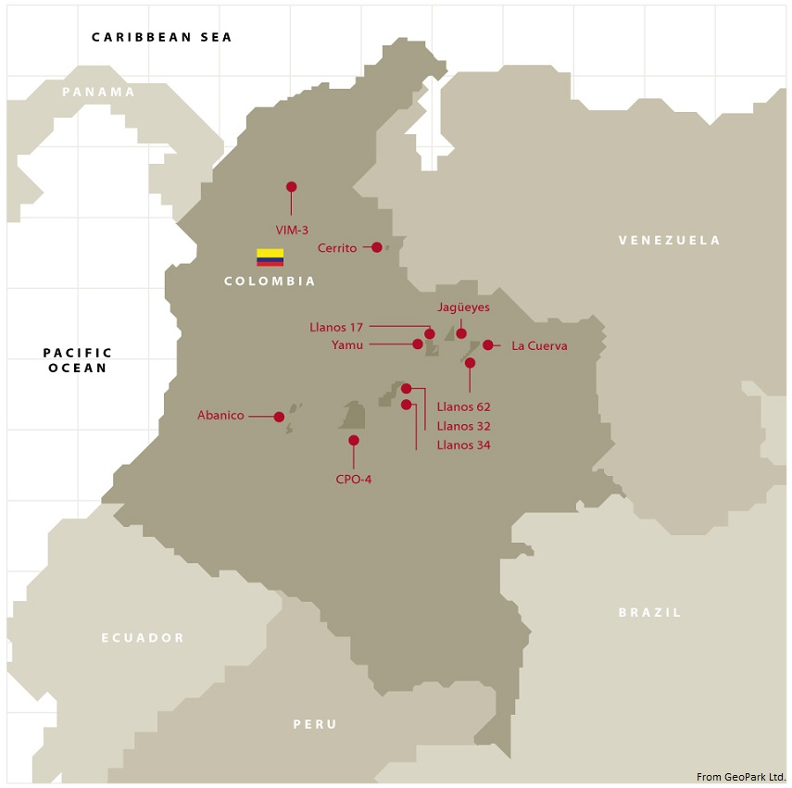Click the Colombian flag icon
pos(270,257)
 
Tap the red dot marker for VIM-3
pos(292,186)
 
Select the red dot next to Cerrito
pos(377,247)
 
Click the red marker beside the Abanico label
pos(279,417)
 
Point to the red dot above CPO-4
pos(354,440)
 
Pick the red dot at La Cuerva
pos(488,345)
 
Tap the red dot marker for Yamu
pos(418,344)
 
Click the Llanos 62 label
pos(463,407)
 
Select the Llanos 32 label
pos(463,426)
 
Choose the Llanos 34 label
pos(463,445)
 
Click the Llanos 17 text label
pos(336,327)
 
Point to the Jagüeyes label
pos(463,307)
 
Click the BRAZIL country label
pos(649,612)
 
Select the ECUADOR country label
pos(143,638)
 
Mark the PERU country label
pos(315,724)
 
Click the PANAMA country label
pos(98,93)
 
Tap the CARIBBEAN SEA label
pos(161,37)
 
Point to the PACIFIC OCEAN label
pos(78,360)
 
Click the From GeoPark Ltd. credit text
pos(740,777)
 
